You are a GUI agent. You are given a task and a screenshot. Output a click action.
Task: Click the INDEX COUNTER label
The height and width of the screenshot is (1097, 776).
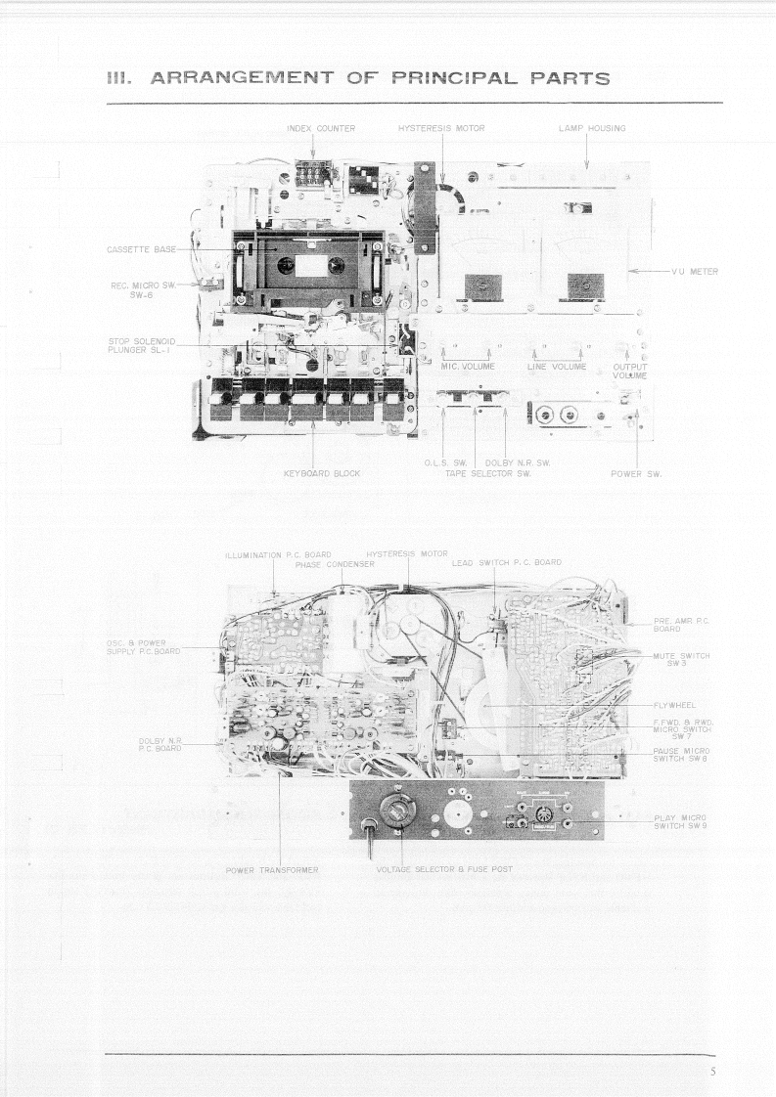pos(321,128)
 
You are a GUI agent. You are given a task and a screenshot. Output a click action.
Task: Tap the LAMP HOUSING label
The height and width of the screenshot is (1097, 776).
pos(585,128)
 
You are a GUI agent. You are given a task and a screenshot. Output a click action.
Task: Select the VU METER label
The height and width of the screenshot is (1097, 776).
pos(695,271)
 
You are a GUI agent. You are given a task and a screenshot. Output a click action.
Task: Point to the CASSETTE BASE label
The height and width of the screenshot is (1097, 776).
pos(141,249)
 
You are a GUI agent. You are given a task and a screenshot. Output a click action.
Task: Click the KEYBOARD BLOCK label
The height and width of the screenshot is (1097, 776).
pos(322,473)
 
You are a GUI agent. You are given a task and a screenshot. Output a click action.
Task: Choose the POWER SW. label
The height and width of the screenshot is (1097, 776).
pos(637,473)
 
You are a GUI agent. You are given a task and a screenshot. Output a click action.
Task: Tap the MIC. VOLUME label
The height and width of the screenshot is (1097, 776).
pos(467,367)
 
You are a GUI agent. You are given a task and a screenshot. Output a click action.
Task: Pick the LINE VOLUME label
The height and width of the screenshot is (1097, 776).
pos(556,367)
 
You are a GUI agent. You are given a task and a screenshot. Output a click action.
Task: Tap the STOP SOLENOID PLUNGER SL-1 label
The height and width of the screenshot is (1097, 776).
pos(141,346)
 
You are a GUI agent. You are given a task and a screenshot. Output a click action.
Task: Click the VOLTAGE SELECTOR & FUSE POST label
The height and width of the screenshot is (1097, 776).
pos(443,869)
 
